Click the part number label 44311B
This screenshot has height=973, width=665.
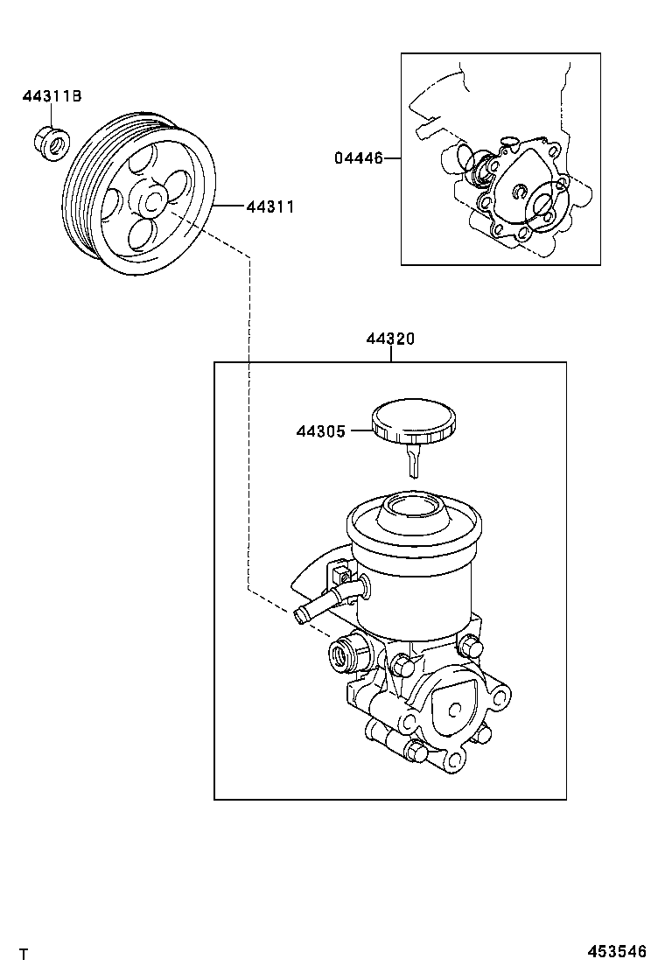click(52, 96)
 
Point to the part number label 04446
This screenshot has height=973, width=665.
click(358, 158)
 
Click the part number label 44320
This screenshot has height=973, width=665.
click(390, 339)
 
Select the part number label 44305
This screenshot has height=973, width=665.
click(321, 430)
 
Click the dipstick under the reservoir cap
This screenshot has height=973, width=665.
click(413, 459)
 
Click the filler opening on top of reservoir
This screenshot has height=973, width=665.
click(416, 505)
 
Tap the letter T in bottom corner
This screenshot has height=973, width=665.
click(24, 953)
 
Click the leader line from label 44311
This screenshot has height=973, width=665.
click(229, 207)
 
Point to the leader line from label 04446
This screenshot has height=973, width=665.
click(393, 158)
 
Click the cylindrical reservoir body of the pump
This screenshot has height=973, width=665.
click(416, 595)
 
